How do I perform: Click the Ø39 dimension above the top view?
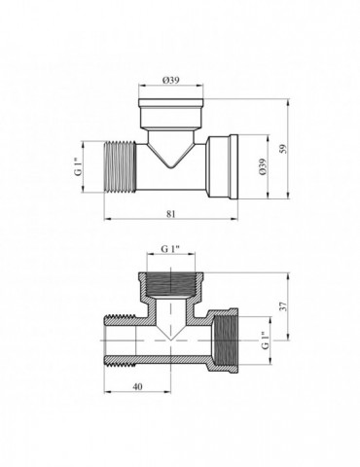click(x=171, y=80)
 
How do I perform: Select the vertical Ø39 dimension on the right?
click(x=263, y=166)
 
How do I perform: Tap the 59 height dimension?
click(x=283, y=149)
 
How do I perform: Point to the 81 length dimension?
click(x=171, y=214)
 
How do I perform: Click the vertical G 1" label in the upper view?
click(x=78, y=167)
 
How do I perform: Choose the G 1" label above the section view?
click(x=171, y=249)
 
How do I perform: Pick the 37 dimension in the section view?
click(x=283, y=306)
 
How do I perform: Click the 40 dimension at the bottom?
click(x=137, y=386)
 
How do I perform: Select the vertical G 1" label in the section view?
click(x=266, y=341)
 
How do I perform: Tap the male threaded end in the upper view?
click(x=121, y=166)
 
